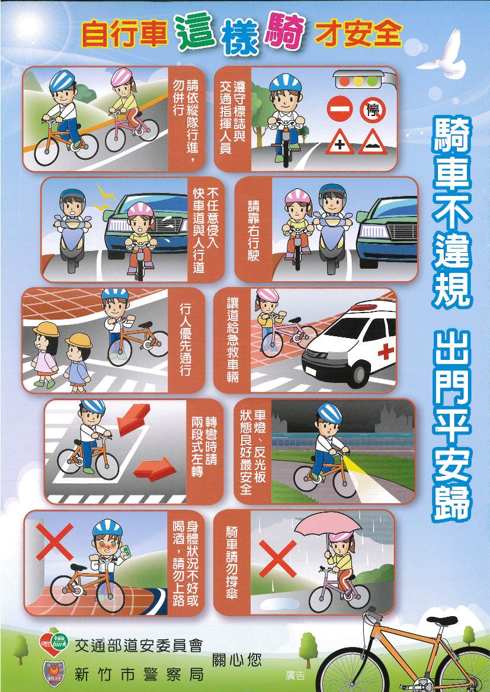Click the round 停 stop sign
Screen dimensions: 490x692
coord(373,110)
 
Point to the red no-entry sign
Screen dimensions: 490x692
coord(340,110)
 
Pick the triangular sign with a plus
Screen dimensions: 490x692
coord(340,142)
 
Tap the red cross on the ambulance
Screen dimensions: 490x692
coord(385,351)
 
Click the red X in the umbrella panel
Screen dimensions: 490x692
coord(278,559)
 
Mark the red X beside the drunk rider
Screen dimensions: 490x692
coord(55,542)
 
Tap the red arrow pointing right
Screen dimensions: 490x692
coord(155,469)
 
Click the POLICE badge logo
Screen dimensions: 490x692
coord(53,674)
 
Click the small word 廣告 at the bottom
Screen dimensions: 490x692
coord(295,675)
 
